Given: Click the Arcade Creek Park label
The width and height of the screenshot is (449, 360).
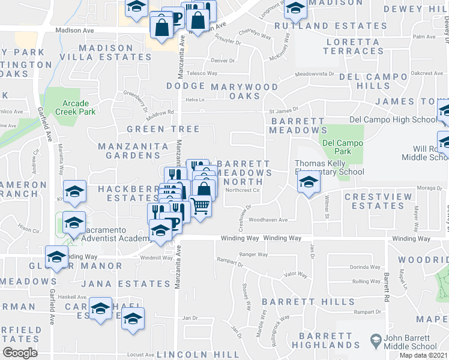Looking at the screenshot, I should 75,107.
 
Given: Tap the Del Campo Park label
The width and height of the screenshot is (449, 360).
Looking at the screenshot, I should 342,147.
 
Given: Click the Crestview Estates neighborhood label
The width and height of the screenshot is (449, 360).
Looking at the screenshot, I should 370,201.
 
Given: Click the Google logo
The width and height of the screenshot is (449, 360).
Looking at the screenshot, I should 20,353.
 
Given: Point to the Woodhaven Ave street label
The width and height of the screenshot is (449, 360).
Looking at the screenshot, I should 268,220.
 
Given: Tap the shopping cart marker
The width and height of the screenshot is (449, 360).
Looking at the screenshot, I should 200,206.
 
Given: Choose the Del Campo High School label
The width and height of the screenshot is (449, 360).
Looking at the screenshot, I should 393,119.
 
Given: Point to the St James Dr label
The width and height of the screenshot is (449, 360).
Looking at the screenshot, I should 283,110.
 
